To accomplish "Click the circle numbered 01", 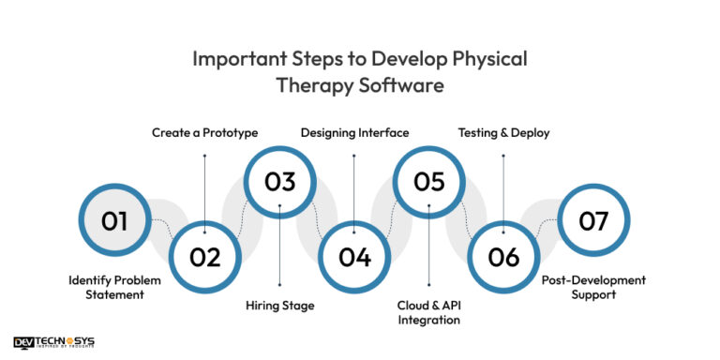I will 114,221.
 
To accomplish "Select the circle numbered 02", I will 205,257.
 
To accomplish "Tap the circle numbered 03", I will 279,182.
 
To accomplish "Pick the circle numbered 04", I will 354,257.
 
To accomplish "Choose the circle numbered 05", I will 428,182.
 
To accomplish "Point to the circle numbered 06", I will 503,257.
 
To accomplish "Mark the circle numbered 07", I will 593,221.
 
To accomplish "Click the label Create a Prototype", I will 205,133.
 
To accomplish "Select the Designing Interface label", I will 354,133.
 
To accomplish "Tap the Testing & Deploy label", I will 503,133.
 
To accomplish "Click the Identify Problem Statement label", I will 114,287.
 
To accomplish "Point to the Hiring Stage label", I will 280,305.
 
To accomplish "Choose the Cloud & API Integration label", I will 429,312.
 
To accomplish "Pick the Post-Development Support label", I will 593,287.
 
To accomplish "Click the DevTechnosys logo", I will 54,342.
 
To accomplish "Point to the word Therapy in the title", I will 310,85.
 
